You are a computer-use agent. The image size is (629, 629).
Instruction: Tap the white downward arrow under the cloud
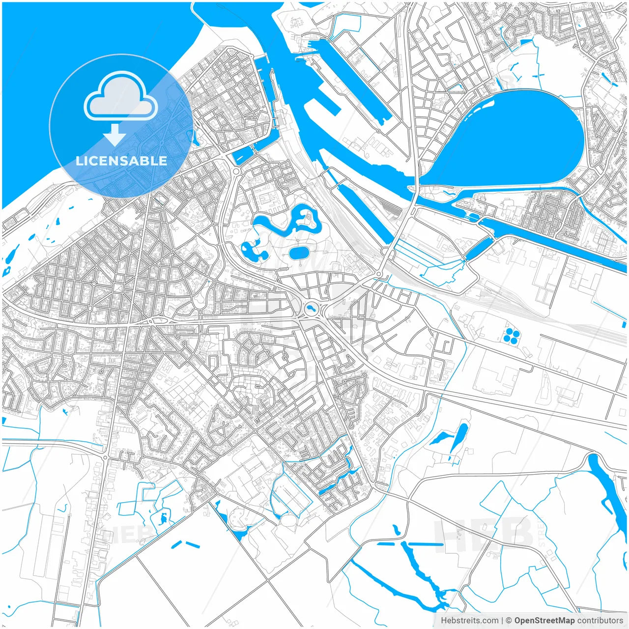click(115, 134)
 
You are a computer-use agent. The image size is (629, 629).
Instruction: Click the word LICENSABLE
click(121, 161)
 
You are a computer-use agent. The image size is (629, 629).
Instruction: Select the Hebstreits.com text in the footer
click(469, 621)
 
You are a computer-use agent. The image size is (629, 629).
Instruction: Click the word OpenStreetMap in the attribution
click(544, 621)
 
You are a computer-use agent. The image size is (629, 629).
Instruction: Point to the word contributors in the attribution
click(600, 621)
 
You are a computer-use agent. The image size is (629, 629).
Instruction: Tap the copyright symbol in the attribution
click(509, 621)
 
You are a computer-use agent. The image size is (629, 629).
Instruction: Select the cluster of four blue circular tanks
click(511, 336)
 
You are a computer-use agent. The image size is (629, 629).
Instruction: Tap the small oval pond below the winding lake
click(298, 253)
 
